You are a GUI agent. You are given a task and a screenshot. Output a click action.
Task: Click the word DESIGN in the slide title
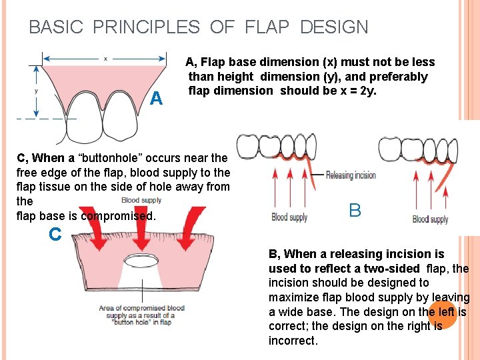334,27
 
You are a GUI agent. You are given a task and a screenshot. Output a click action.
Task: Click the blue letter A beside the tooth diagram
157,99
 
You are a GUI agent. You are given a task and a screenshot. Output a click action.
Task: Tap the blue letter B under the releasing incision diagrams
355,211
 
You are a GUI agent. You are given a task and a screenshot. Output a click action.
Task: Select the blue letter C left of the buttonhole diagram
55,234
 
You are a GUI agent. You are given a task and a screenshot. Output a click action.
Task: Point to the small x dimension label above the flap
104,59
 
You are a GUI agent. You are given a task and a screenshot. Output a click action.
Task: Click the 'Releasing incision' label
351,175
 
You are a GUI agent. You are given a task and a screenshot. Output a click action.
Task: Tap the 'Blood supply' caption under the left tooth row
289,217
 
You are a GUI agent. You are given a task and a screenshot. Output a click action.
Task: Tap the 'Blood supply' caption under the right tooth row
430,219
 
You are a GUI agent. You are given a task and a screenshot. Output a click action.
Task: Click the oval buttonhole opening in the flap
143,261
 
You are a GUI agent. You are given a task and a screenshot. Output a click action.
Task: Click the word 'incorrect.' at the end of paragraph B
293,341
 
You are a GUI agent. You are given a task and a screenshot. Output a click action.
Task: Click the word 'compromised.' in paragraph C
118,216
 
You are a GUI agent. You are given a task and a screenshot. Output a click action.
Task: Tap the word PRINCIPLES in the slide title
147,27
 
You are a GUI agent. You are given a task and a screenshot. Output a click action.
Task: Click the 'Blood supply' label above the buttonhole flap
141,200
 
